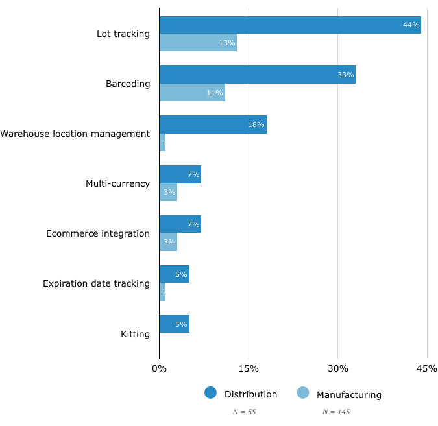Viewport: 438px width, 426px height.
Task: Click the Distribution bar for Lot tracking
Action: tap(289, 25)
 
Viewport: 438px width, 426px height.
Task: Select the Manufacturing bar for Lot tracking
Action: tap(198, 43)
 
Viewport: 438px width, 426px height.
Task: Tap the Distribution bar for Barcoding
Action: tap(257, 75)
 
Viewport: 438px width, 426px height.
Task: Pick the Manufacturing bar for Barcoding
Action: tap(192, 93)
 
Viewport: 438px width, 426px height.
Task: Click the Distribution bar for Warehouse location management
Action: tap(213, 124)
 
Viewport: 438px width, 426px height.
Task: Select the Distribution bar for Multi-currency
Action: tap(180, 174)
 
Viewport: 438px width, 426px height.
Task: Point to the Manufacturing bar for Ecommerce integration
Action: tap(168, 242)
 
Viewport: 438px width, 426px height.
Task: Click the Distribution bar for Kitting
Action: tap(174, 324)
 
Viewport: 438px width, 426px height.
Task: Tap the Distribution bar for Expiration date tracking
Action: tap(174, 274)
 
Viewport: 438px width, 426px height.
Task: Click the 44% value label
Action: tap(411, 25)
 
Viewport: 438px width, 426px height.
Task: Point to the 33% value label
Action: tap(345, 75)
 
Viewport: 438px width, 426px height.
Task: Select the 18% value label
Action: tap(256, 124)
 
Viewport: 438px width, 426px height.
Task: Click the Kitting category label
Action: tap(135, 335)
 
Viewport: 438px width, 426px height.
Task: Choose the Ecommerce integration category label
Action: tap(98, 233)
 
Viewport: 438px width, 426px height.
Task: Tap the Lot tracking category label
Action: tap(123, 34)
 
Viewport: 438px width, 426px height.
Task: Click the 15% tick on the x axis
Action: tap(249, 369)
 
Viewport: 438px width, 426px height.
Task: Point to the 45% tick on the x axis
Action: tap(427, 369)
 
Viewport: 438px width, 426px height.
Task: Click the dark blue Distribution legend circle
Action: tap(210, 393)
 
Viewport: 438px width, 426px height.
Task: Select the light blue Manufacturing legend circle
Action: tap(303, 393)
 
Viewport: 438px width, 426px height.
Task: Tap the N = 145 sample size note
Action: tap(336, 412)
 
